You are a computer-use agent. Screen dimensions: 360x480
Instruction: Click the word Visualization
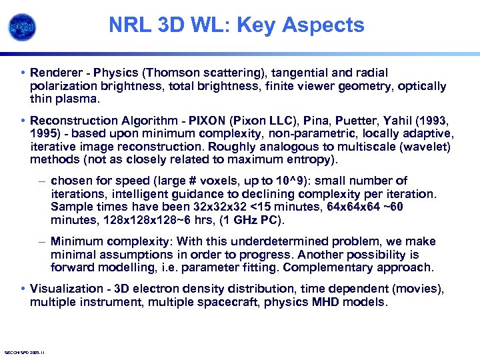click(x=65, y=289)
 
